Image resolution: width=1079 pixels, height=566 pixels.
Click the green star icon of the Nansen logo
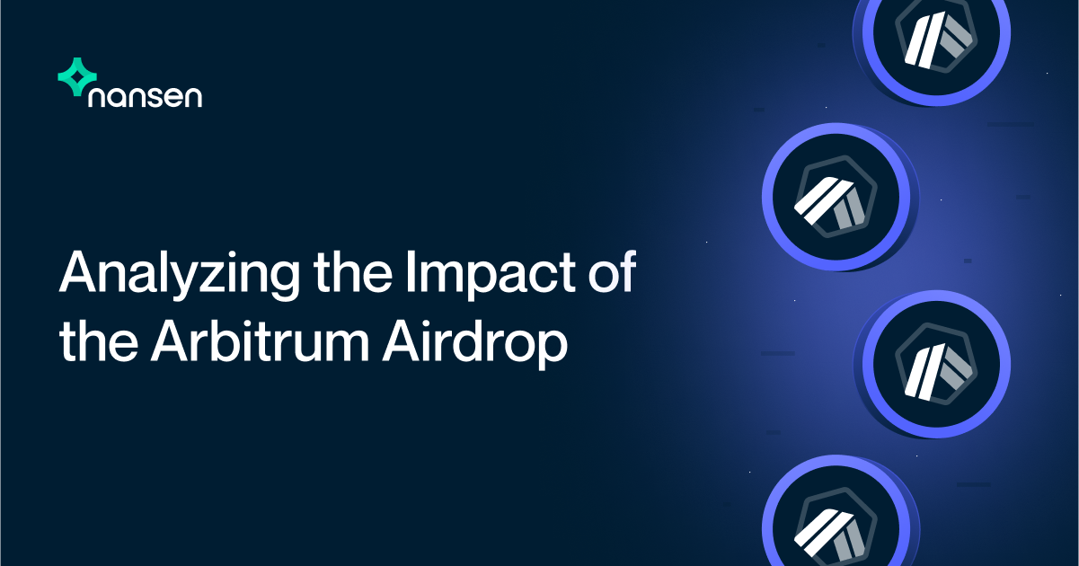[75, 77]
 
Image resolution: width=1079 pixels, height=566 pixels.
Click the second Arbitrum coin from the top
[836, 198]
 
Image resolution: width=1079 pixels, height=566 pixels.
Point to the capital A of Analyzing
[77, 271]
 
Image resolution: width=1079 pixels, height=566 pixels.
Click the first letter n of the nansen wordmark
[97, 99]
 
